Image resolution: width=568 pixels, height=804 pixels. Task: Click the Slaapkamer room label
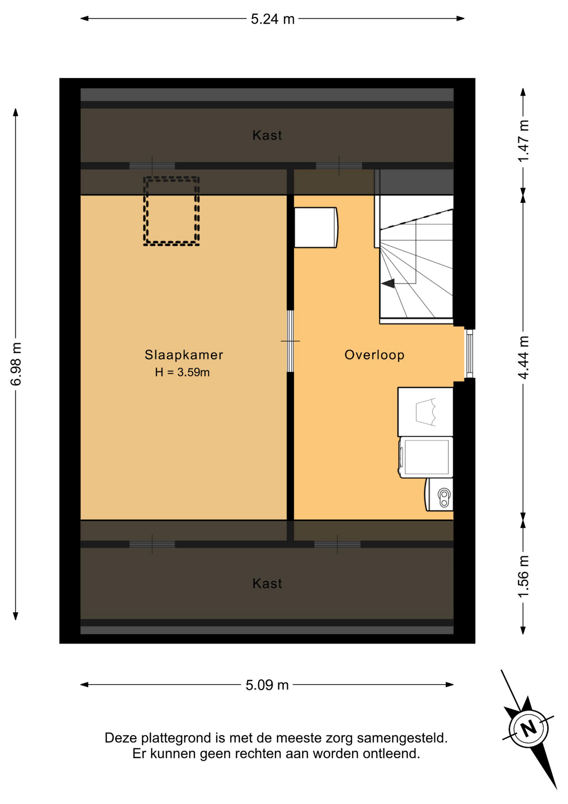[x=184, y=355]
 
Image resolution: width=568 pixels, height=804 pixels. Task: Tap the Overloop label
[x=374, y=355]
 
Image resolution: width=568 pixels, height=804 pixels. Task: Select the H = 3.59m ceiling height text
[x=182, y=372]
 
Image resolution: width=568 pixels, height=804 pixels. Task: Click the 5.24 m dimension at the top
[x=273, y=19]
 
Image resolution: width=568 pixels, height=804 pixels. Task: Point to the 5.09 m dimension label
[x=267, y=685]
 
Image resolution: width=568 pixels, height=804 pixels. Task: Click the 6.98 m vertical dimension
[x=16, y=363]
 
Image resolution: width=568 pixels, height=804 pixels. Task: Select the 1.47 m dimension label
[x=523, y=141]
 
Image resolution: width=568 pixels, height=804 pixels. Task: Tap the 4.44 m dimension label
[x=523, y=357]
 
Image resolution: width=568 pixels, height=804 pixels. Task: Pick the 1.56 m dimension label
[x=523, y=577]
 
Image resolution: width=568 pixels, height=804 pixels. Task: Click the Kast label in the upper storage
[x=267, y=135]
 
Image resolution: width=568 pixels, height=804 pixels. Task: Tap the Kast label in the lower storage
[x=267, y=583]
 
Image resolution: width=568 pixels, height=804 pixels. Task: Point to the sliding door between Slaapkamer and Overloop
[x=290, y=341]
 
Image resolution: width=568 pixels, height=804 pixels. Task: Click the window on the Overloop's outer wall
[x=470, y=353]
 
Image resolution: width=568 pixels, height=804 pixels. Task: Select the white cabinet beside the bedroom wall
[x=316, y=227]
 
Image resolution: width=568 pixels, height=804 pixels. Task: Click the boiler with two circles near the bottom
[x=439, y=495]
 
